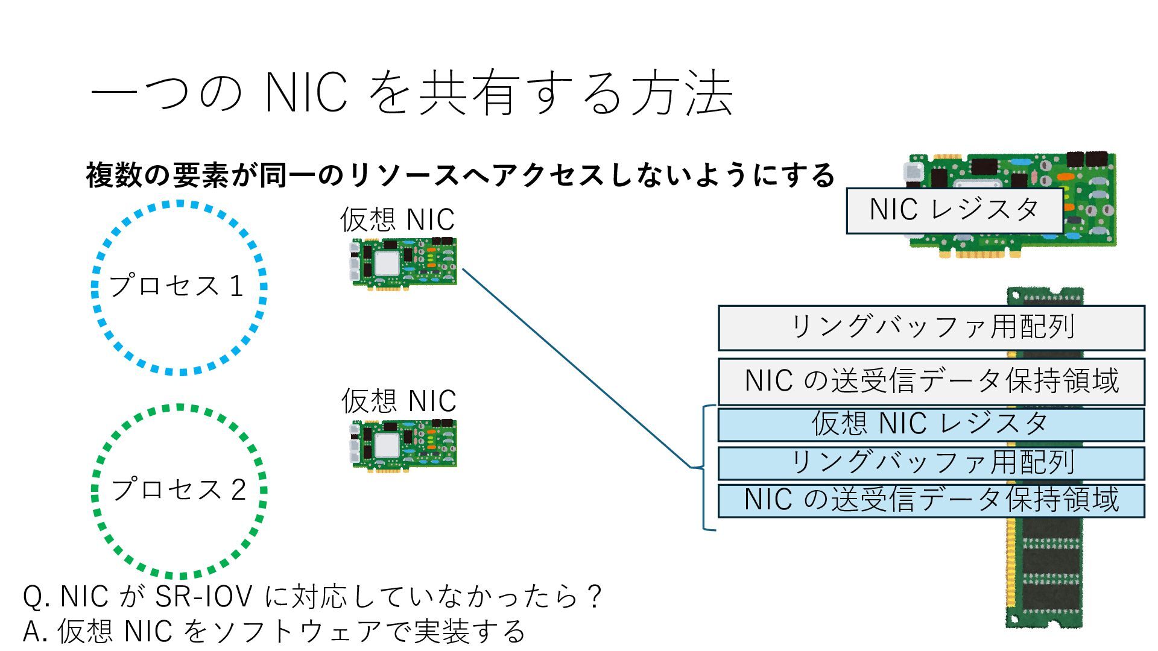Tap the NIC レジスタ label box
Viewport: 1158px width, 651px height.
954,210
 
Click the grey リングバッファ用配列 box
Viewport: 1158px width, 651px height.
931,327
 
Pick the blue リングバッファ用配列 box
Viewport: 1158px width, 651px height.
931,462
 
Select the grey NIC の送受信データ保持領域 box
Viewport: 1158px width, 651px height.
931,381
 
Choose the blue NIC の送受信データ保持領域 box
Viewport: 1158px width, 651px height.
931,500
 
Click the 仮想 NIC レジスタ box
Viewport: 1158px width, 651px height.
931,424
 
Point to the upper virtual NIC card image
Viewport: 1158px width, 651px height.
405,264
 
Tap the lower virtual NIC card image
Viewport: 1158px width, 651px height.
405,445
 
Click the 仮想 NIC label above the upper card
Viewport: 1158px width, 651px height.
397,220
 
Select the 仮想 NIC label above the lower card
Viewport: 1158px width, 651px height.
399,401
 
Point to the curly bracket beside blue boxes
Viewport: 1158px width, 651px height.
703,467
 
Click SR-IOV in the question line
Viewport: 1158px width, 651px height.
203,597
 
